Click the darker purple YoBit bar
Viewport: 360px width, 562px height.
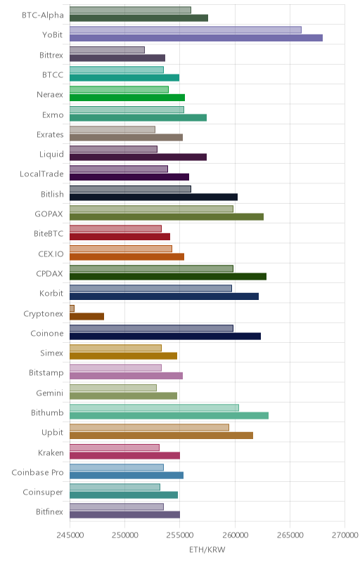196,38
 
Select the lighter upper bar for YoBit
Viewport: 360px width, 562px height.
186,30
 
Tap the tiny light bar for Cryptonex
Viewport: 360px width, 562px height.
72,308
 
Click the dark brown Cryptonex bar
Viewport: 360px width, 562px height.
86,317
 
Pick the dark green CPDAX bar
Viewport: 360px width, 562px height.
168,277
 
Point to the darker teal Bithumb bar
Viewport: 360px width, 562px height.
169,416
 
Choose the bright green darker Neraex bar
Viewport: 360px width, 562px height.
127,98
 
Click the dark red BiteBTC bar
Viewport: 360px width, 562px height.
120,237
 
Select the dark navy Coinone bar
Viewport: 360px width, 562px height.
165,336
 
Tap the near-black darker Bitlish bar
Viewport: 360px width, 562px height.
153,197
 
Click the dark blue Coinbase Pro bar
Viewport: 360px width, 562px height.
127,476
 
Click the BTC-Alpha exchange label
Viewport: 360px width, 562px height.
43,15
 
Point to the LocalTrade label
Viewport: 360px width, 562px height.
41,174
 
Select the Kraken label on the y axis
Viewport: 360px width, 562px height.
51,452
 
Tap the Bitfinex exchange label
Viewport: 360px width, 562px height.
49,512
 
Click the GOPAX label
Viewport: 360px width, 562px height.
49,214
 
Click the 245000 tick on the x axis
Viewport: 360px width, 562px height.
70,535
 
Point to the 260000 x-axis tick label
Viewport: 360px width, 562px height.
235,535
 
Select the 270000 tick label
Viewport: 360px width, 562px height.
345,535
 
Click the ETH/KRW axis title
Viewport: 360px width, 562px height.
207,549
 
